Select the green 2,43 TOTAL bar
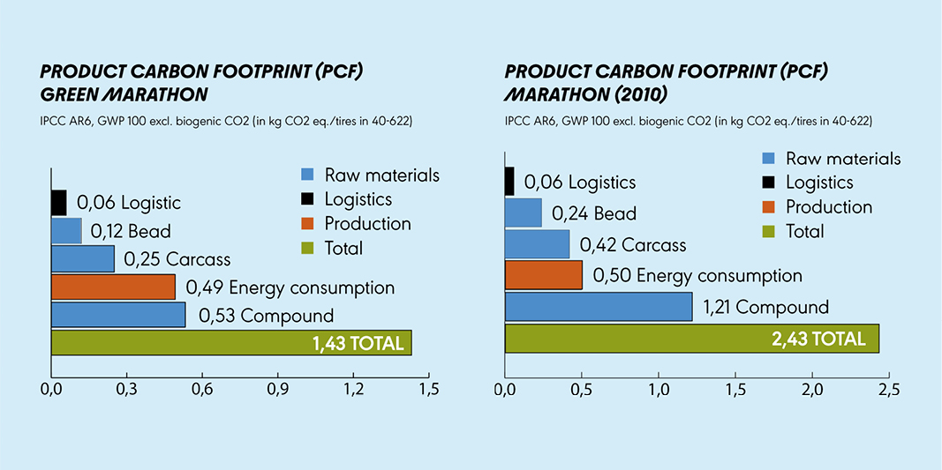click(x=691, y=339)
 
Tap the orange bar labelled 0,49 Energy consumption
click(x=113, y=287)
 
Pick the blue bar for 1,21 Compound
click(x=599, y=306)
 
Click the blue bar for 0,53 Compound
click(x=118, y=315)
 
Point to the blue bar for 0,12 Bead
click(x=66, y=231)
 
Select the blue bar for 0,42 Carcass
click(x=537, y=244)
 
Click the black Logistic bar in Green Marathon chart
click(x=58, y=202)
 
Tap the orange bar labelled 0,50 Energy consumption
click(x=543, y=275)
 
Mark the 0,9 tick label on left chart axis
click(x=278, y=388)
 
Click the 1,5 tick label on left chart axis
click(x=429, y=388)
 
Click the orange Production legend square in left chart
click(x=307, y=224)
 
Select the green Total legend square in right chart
click(x=769, y=232)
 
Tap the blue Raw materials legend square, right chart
click(x=769, y=159)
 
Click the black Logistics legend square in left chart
click(x=307, y=199)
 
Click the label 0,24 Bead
click(x=593, y=213)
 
